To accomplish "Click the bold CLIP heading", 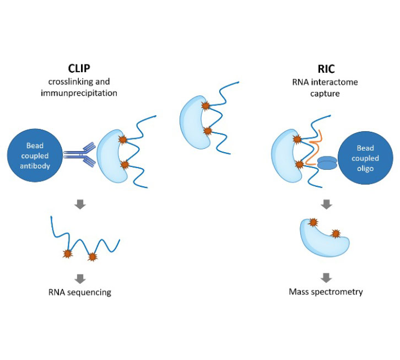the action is pos(79,68).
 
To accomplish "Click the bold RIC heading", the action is pos(326,69).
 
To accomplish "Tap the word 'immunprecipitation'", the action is pos(79,93).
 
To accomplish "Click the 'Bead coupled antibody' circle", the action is pos(35,155).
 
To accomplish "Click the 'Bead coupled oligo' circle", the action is pos(365,158).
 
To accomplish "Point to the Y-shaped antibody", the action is pos(79,154).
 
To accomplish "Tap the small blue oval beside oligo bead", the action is pos(327,163).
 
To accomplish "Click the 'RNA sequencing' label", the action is pos(80,292).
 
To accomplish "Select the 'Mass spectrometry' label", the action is pos(326,292).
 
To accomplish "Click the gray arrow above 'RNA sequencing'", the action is pos(80,279).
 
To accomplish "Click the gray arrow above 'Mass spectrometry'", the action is pos(326,278).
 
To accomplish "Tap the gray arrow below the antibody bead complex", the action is pos(80,204).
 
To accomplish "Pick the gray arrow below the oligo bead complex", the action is pos(326,204).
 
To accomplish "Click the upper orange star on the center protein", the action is pos(206,105).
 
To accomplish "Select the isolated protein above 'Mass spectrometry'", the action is pos(324,238).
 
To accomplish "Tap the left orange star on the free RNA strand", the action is pos(68,254).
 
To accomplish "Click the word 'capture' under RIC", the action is pos(325,94).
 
